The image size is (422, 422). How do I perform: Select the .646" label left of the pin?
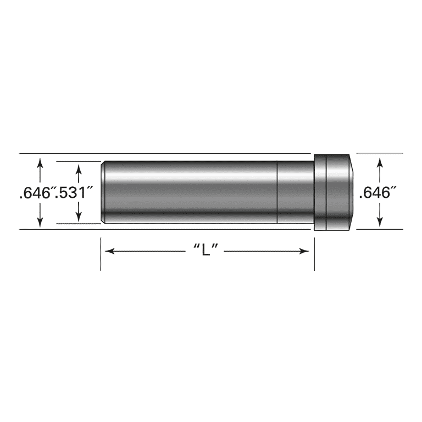tap(35, 193)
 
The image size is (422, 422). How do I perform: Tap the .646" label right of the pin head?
tap(377, 193)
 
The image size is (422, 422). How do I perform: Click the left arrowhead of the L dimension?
tap(109, 251)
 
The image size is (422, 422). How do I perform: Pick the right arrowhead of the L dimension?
tap(304, 251)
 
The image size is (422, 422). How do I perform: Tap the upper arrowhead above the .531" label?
tap(79, 166)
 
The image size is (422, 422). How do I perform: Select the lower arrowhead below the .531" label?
tap(79, 219)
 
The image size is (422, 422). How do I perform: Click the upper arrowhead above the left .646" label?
tap(40, 161)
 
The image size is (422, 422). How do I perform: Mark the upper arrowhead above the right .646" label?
tap(380, 161)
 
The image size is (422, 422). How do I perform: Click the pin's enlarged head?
tap(332, 192)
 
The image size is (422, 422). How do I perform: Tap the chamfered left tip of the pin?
tap(103, 192)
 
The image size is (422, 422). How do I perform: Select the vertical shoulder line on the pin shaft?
tap(277, 192)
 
